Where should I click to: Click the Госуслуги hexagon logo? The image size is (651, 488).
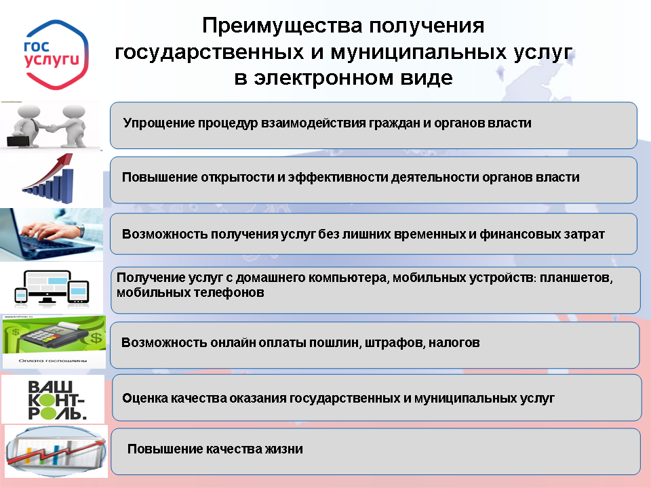click(56, 55)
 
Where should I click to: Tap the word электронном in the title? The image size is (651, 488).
click(323, 77)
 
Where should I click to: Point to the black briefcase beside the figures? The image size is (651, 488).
click(18, 141)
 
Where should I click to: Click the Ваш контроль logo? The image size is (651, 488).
click(56, 400)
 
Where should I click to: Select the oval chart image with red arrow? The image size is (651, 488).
click(56, 451)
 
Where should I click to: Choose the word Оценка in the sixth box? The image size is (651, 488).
click(145, 399)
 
